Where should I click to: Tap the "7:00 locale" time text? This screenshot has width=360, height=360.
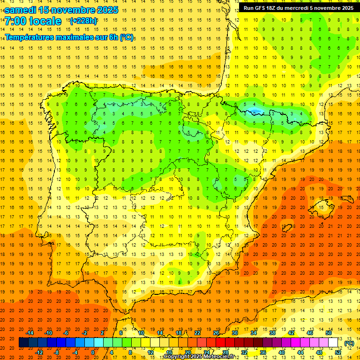pyautogui.click(x=33, y=21)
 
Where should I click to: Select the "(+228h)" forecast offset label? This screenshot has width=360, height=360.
pyautogui.click(x=83, y=21)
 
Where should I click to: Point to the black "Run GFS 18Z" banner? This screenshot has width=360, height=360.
pyautogui.click(x=298, y=8)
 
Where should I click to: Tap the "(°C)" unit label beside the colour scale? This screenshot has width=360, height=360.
pyautogui.click(x=349, y=343)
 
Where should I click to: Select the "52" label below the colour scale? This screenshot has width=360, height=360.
pyautogui.click(x=338, y=352)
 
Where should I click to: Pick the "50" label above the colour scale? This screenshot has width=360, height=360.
pyautogui.click(x=329, y=332)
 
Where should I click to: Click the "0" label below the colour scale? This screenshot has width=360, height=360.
pyautogui.click(x=93, y=352)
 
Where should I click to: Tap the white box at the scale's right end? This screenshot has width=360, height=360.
pyautogui.click(x=333, y=343)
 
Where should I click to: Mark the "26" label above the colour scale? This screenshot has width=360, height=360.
pyautogui.click(x=216, y=332)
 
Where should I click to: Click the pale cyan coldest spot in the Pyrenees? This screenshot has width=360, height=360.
pyautogui.click(x=255, y=111)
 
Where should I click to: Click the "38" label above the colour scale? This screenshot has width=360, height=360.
pyautogui.click(x=272, y=332)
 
